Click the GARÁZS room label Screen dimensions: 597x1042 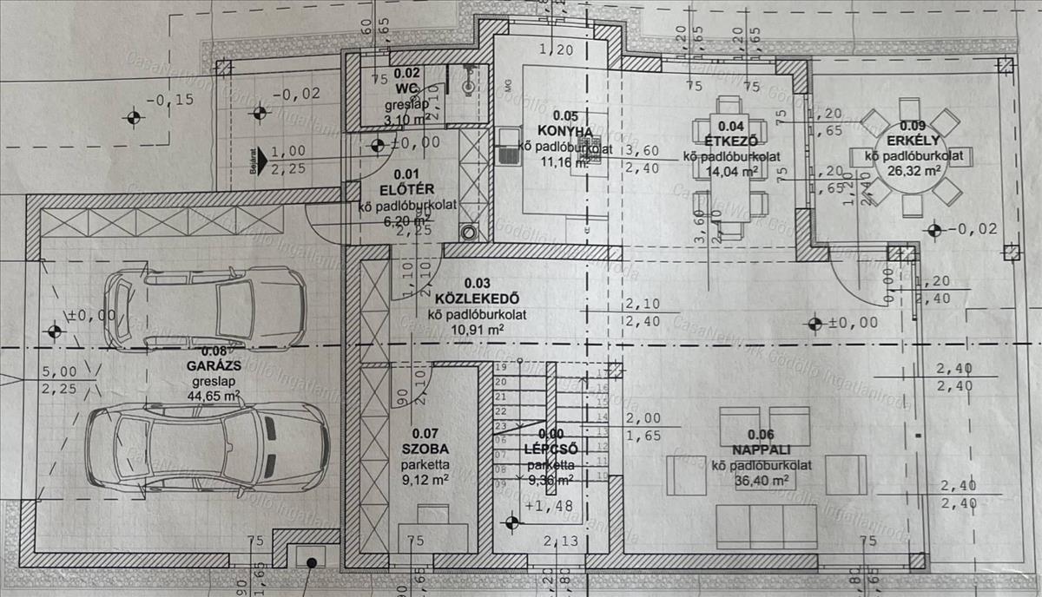point(214,365)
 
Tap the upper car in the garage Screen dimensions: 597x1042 point(205,308)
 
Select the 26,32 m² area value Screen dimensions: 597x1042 point(909,171)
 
